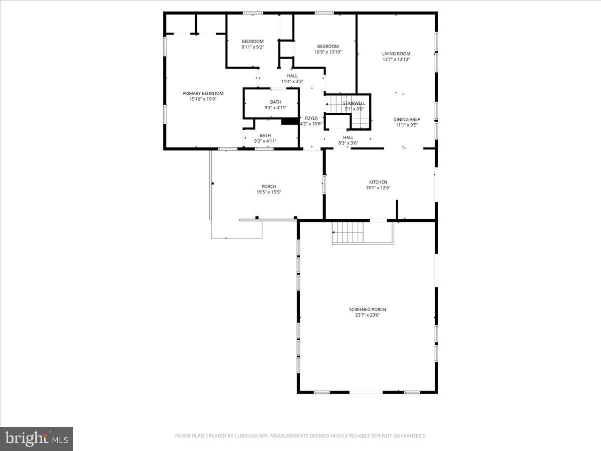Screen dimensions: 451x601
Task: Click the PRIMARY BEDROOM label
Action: tap(203, 93)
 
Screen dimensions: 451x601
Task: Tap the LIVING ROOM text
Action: tap(396, 54)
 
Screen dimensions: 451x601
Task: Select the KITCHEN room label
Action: tap(378, 182)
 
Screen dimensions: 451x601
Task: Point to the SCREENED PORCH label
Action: tap(367, 309)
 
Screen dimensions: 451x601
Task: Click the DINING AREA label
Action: tap(406, 119)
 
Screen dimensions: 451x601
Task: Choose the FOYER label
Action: tap(311, 118)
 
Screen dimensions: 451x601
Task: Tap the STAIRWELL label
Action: tap(354, 103)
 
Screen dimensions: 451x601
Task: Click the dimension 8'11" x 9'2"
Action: tap(252, 47)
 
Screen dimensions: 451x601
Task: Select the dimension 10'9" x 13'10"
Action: tap(328, 52)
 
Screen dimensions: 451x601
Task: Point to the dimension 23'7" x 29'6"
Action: tap(367, 315)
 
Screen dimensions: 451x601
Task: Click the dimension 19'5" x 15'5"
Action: tap(268, 192)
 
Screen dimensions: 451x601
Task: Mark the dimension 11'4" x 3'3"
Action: tap(292, 81)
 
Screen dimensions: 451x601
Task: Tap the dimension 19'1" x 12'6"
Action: tap(378, 188)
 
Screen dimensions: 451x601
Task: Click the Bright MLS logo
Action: tap(37, 438)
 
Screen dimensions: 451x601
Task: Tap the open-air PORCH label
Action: tap(268, 186)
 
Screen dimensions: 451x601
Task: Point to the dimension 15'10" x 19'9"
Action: tap(203, 99)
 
